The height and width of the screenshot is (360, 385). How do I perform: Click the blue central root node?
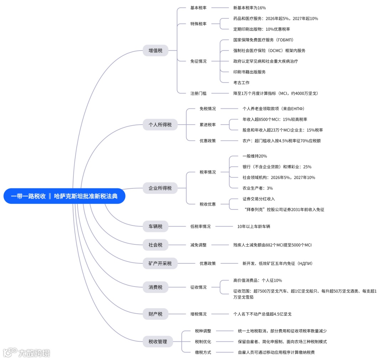tap(65, 196)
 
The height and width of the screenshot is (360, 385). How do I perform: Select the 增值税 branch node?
tap(155, 51)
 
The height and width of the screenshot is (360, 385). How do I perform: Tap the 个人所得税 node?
tap(160, 125)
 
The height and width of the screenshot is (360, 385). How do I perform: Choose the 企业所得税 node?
tap(160, 188)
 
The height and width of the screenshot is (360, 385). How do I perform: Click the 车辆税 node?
tap(155, 226)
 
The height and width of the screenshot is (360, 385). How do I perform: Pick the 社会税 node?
tap(155, 245)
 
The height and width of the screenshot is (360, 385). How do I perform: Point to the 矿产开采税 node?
tap(160, 263)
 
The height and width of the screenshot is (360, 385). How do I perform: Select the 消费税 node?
tap(155, 287)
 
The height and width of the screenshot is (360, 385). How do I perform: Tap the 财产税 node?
tap(155, 314)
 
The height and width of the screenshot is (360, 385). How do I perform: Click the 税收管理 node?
tap(158, 341)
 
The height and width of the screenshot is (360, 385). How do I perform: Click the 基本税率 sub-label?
tap(198, 7)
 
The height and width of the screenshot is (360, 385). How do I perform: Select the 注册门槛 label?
tap(198, 93)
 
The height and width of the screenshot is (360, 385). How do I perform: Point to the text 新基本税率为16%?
tap(250, 7)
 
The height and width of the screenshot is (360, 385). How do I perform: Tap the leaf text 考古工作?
tap(241, 82)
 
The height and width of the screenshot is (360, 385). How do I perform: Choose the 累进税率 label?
tap(207, 125)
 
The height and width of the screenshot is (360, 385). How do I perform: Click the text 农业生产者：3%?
tap(257, 188)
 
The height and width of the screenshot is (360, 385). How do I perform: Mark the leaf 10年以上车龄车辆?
tap(256, 226)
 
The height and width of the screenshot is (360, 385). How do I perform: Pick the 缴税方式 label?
tap(203, 352)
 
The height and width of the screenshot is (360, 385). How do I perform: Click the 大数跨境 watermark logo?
tap(27, 353)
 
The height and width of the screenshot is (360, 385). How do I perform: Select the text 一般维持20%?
tap(255, 156)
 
